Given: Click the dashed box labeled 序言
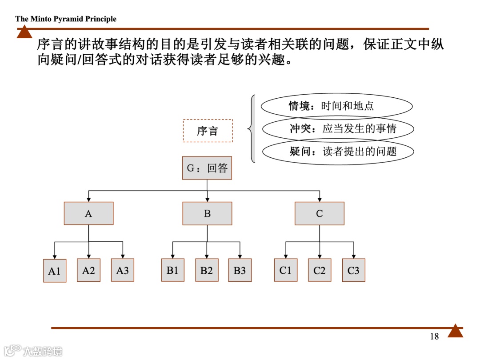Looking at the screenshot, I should click(x=208, y=131).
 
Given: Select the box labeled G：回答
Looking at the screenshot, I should click(x=207, y=168).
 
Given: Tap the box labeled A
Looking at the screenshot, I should click(x=88, y=213).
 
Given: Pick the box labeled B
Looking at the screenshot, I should click(x=207, y=213).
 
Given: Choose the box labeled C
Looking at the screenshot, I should click(x=319, y=213).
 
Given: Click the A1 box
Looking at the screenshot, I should click(x=54, y=271).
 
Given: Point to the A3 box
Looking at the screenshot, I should click(x=122, y=270).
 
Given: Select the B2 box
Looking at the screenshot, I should click(x=207, y=270).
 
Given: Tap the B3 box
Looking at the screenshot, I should click(x=240, y=270).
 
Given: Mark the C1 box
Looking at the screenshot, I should click(x=285, y=270).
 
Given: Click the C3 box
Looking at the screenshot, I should click(x=353, y=270).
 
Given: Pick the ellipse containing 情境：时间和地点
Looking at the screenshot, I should click(x=336, y=106).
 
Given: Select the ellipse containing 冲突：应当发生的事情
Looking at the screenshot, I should click(x=338, y=129).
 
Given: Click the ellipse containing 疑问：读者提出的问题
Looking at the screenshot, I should click(x=338, y=152).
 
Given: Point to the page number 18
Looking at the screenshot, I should click(x=434, y=336).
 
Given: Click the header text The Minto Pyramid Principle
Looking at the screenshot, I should click(x=66, y=19).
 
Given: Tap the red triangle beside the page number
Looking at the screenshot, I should click(x=455, y=331).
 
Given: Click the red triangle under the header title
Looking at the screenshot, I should click(x=24, y=32).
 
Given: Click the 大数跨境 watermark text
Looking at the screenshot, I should click(x=43, y=351).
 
